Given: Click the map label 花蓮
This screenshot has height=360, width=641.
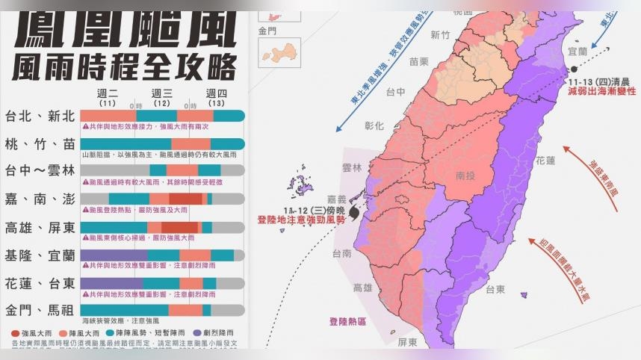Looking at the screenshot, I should tap(545, 160).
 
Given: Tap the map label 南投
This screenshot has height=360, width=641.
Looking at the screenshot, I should tap(466, 177).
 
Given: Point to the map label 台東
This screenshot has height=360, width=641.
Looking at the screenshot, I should tap(496, 290).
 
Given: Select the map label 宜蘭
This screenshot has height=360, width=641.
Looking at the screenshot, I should tap(577, 52).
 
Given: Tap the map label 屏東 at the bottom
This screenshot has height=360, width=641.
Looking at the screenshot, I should tap(407, 342).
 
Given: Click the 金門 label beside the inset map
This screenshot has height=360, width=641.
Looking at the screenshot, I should tap(267, 31).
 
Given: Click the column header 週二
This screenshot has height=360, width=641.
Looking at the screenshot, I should tap(108, 93).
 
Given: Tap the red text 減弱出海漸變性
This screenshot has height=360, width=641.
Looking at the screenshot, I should tap(601, 90).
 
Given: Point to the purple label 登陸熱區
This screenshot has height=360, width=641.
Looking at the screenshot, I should tap(347, 322).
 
